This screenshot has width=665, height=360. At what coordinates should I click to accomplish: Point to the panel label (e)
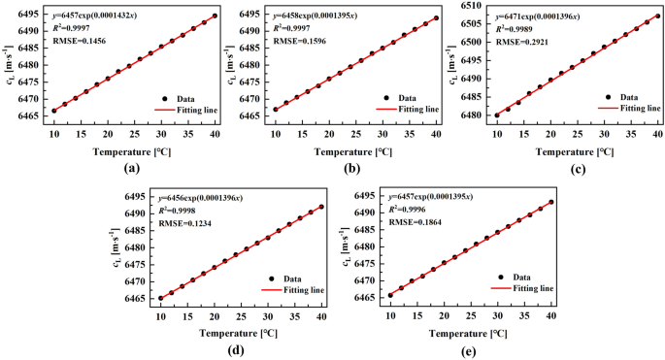[x=470, y=350]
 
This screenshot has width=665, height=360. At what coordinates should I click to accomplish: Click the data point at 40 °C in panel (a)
[x=215, y=16]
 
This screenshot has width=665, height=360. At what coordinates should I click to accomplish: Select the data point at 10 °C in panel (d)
[x=161, y=298]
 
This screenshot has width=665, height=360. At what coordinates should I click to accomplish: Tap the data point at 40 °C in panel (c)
[x=657, y=16]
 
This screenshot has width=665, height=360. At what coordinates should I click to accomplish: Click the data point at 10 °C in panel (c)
[x=497, y=115]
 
